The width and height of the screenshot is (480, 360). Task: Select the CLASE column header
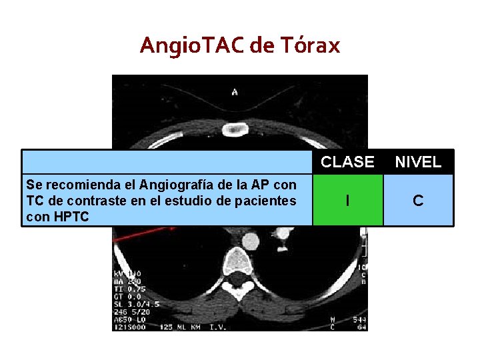(x=347, y=162)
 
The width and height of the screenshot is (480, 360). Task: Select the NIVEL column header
(x=418, y=162)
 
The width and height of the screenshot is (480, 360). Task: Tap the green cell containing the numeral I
(x=347, y=200)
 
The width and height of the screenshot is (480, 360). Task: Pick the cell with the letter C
(x=418, y=200)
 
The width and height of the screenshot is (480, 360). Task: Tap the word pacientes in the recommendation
(x=265, y=200)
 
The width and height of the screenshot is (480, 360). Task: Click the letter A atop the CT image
(x=234, y=91)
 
